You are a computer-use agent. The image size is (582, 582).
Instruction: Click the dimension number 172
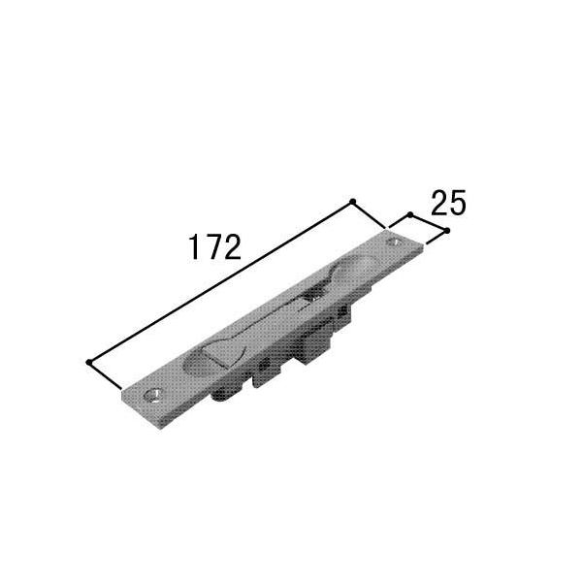pyautogui.click(x=215, y=247)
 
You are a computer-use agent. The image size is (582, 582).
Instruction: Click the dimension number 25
pyautogui.click(x=448, y=203)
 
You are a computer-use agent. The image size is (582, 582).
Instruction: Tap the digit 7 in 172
pyautogui.click(x=212, y=247)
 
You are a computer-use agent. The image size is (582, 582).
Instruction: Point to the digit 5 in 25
pyautogui.click(x=457, y=203)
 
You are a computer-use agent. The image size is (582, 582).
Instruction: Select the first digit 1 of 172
pyautogui.click(x=194, y=247)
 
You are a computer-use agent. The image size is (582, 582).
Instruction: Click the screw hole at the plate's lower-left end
pyautogui.click(x=153, y=394)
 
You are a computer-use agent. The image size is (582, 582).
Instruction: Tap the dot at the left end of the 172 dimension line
pyautogui.click(x=88, y=362)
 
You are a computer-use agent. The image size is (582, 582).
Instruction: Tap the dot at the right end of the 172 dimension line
pyautogui.click(x=353, y=202)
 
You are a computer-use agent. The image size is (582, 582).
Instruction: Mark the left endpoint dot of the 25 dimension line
pyautogui.click(x=410, y=215)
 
